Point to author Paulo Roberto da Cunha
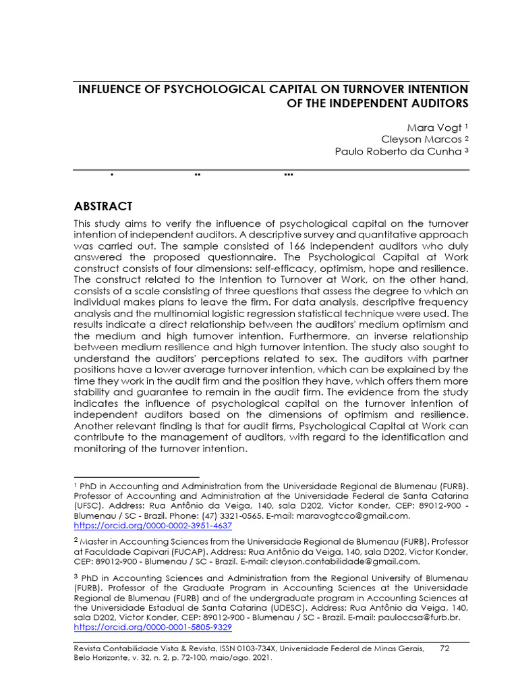(398, 151)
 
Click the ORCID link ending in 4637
(152, 525)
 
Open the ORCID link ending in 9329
(152, 627)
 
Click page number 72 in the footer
(444, 648)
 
